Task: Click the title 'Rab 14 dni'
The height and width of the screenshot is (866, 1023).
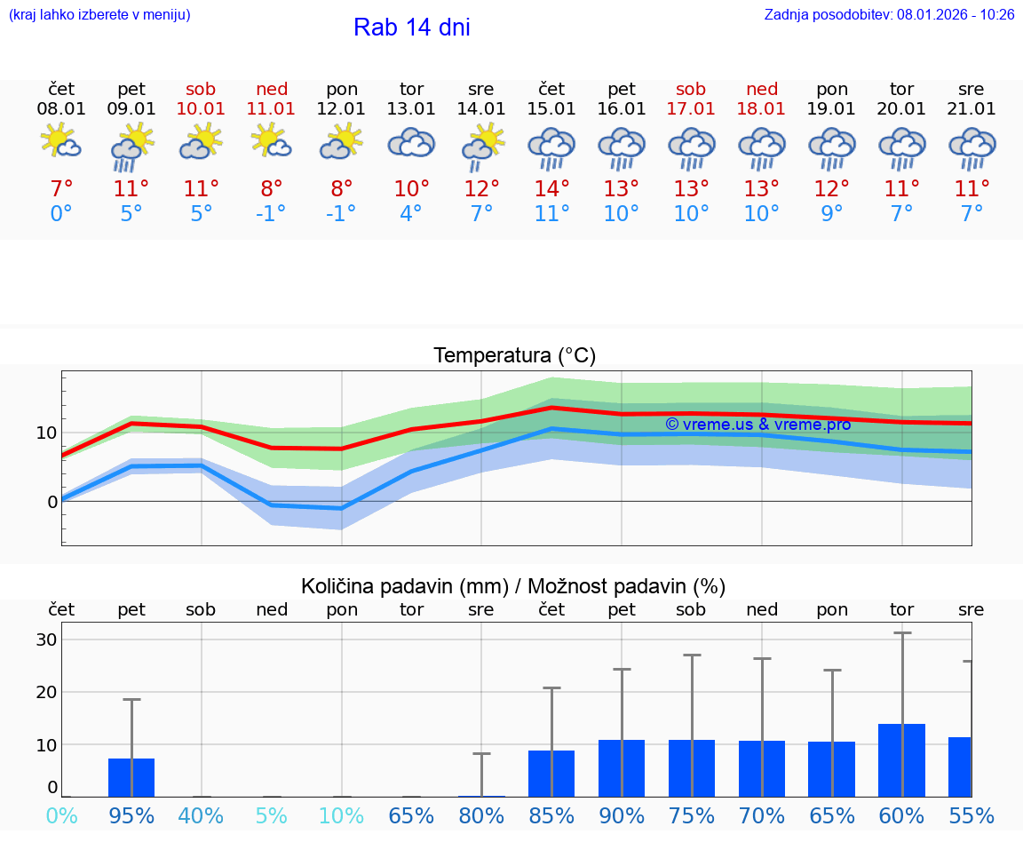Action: click(411, 28)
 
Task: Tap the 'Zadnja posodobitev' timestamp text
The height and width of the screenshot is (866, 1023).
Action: click(889, 15)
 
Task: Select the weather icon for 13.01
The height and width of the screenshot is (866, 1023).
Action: click(411, 143)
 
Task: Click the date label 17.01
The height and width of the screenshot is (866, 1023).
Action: click(691, 109)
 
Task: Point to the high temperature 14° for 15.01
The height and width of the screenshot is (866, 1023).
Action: click(551, 189)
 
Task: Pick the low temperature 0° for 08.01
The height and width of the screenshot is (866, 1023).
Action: click(61, 214)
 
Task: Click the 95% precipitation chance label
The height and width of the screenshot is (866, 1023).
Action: click(131, 815)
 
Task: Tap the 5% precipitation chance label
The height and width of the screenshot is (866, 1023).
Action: click(272, 815)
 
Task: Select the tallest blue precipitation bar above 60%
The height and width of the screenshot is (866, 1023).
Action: click(901, 760)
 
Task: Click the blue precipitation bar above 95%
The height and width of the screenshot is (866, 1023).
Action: click(131, 777)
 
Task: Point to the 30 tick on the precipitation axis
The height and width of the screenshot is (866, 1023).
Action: click(46, 640)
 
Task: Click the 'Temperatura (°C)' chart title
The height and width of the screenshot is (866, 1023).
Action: click(514, 356)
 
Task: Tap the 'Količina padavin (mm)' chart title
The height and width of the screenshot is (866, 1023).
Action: click(513, 586)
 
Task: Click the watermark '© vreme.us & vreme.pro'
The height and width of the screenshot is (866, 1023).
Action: click(757, 425)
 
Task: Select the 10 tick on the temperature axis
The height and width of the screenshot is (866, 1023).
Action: click(46, 433)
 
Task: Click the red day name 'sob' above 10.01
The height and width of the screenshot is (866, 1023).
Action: click(201, 89)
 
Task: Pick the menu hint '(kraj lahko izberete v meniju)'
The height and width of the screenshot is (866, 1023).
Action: click(99, 15)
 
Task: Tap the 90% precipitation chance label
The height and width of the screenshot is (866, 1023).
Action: click(622, 815)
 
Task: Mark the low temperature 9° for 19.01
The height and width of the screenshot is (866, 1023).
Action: click(831, 214)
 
